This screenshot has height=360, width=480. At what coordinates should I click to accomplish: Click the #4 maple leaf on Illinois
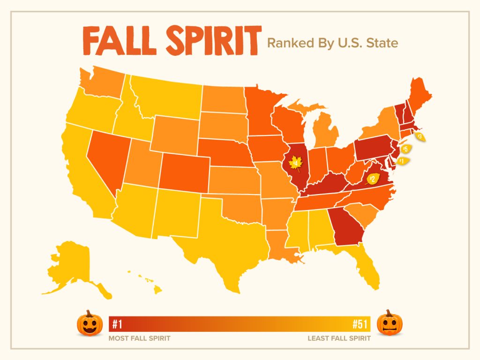pos(296,164)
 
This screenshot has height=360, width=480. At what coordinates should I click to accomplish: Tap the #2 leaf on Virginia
pos(373,179)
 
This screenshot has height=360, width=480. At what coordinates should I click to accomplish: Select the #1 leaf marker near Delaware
pos(403,161)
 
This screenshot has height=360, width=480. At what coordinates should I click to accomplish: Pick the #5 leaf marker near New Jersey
pos(405,149)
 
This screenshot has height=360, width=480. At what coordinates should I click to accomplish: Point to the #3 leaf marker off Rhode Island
pos(420,136)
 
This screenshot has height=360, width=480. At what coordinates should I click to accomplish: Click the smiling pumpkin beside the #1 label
pos(89,323)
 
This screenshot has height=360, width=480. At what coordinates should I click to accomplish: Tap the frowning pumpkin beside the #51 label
pos(390,322)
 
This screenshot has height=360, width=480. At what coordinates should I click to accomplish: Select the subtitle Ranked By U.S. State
pos(332,44)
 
